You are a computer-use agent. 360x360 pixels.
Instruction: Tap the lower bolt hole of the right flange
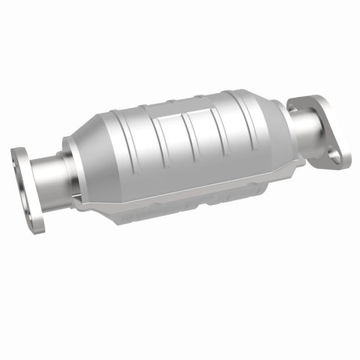335,154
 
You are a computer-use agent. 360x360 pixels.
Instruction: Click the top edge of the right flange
309,97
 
